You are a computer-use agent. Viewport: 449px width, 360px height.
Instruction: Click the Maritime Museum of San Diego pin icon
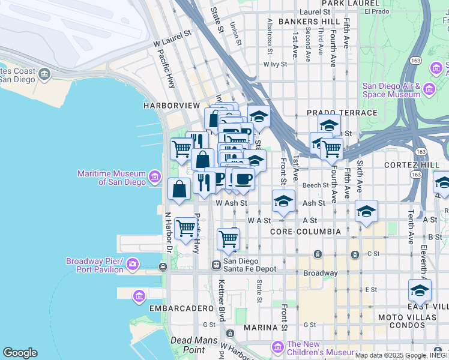point(155,176)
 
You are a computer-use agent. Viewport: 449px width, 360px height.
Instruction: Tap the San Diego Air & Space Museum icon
point(429,89)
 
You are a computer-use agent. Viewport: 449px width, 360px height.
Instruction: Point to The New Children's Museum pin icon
point(277,346)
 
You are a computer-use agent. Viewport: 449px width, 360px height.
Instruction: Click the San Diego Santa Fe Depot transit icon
point(216,265)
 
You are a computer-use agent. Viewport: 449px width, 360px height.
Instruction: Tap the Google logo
point(20,353)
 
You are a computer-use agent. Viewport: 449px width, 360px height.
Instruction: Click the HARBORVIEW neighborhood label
point(171,106)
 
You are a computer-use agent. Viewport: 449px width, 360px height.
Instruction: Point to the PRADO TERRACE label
point(342,113)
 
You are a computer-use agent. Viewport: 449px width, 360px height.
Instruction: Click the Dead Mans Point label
point(188,344)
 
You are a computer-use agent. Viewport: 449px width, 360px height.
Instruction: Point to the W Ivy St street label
point(276,64)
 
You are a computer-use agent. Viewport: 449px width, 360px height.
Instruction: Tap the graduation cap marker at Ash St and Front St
point(283,201)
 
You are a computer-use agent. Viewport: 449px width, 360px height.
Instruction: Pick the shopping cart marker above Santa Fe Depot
point(228,238)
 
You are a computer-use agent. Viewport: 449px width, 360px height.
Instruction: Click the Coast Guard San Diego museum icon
point(44,74)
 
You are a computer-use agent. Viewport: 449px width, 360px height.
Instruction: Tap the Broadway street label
point(320,273)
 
